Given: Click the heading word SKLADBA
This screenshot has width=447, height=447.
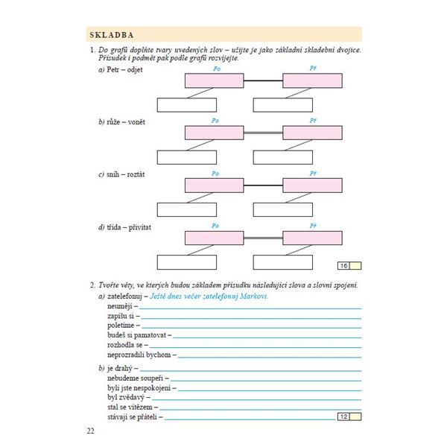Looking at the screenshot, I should pyautogui.click(x=111, y=34).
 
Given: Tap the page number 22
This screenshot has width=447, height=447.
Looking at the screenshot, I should pyautogui.click(x=90, y=431).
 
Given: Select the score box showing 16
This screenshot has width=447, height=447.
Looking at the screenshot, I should pyautogui.click(x=343, y=265).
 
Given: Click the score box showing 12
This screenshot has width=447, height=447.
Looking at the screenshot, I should pyautogui.click(x=343, y=416).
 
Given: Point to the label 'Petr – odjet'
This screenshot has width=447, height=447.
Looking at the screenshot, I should pyautogui.click(x=123, y=70).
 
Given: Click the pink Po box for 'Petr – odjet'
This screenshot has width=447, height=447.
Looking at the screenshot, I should pyautogui.click(x=215, y=80).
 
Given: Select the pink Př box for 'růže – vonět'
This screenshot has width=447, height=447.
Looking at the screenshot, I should pyautogui.click(x=312, y=133).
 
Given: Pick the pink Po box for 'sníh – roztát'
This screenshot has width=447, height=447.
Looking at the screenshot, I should pyautogui.click(x=215, y=185).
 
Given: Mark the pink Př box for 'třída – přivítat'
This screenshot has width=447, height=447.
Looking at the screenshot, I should pyautogui.click(x=312, y=238).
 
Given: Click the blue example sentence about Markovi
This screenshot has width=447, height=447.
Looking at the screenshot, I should pyautogui.click(x=209, y=296).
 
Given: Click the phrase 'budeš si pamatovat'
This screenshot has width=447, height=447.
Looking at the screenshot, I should pyautogui.click(x=136, y=335).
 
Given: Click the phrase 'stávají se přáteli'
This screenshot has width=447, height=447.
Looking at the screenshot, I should pyautogui.click(x=134, y=417).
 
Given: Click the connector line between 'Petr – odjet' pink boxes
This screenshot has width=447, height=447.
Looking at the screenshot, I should pyautogui.click(x=263, y=80).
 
